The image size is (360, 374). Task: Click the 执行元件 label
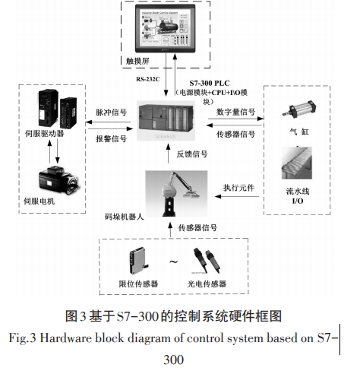pos(235,187)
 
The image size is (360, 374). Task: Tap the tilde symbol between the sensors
pos(174,263)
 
